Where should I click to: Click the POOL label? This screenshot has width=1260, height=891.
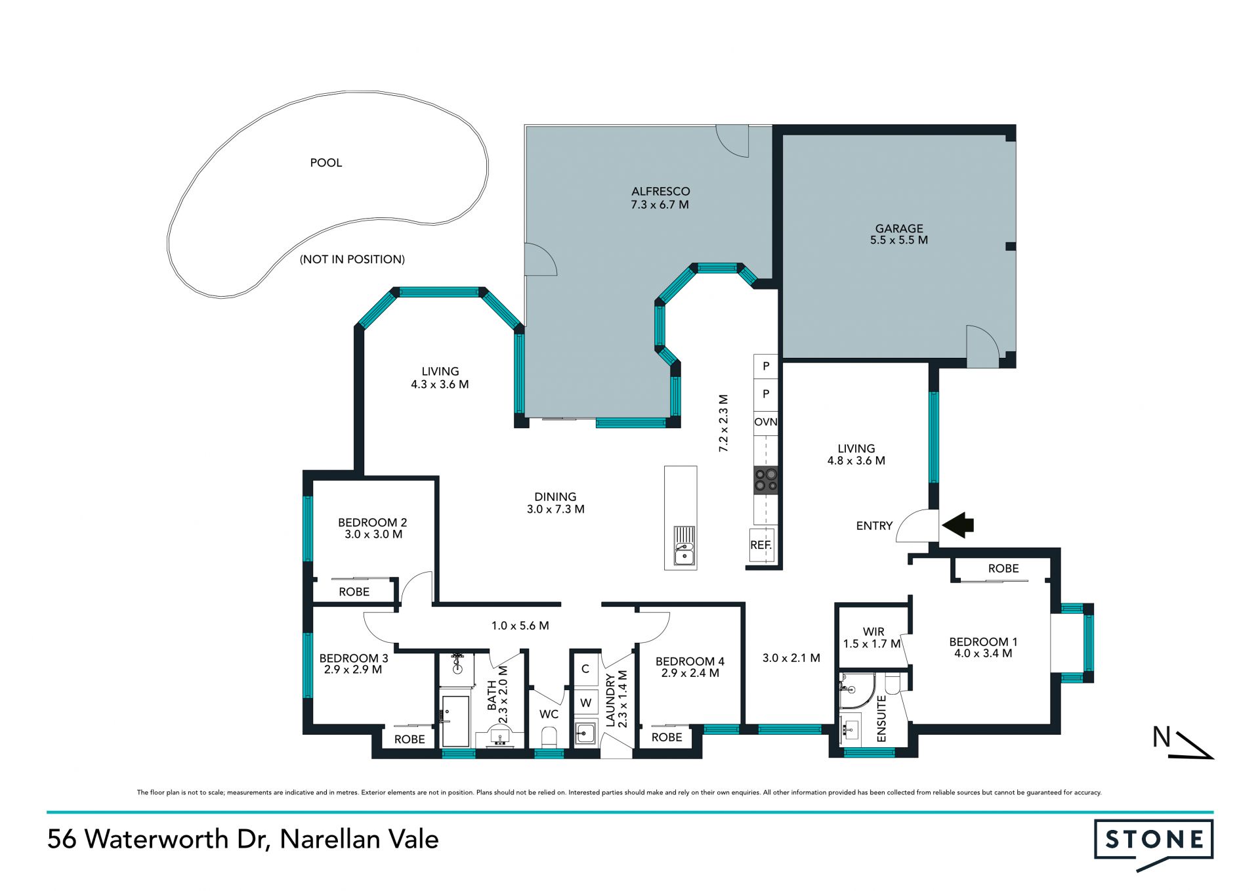pos(326,163)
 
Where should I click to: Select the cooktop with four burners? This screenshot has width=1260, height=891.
pos(766,479)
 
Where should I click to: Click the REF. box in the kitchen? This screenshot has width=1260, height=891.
pos(761,545)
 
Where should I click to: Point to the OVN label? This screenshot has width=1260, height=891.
pos(766,422)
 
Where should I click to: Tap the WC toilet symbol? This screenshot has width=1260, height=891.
pos(549,737)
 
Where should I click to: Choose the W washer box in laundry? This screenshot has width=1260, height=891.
pos(586,703)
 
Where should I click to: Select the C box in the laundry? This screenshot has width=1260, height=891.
pos(586,669)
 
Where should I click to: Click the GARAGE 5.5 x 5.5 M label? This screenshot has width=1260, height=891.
pos(899,234)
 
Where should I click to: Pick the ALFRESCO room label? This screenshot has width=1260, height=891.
pos(661,192)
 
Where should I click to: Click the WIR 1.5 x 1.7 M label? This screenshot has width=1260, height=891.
pos(873,638)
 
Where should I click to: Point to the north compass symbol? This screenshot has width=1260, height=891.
pos(1183,743)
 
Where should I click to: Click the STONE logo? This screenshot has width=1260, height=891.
pos(1154,843)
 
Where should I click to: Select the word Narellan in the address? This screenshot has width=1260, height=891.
pos(322,839)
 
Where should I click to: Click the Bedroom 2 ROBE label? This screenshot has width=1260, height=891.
pos(354,592)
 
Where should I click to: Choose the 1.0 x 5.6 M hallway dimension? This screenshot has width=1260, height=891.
pos(520,626)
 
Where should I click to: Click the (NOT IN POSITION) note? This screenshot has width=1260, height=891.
pos(352,259)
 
